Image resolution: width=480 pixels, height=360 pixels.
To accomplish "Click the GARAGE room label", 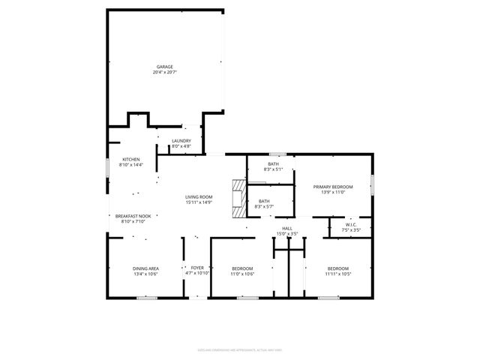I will [164, 67].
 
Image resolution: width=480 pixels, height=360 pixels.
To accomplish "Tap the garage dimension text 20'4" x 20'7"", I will [164, 73].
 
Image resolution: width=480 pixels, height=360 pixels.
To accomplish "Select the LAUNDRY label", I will [181, 140].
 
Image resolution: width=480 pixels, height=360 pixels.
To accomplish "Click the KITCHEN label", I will [131, 159].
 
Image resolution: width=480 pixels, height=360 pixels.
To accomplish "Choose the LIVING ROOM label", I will [199, 196].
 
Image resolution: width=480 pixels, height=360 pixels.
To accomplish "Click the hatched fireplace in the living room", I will [238, 199].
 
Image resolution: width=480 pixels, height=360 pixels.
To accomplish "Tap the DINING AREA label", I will [145, 268].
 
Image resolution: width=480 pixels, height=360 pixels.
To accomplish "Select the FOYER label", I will [197, 268].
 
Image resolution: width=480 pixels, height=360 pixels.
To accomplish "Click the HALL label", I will [286, 228].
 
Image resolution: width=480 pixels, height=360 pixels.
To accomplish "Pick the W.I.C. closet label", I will [350, 224].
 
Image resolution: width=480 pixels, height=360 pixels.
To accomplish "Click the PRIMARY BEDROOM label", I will [333, 186].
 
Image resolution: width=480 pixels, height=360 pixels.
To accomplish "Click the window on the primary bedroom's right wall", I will [373, 184].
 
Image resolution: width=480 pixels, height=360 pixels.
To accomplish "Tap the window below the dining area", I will [146, 298].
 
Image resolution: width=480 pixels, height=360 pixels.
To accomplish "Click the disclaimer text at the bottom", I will [240, 349].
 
